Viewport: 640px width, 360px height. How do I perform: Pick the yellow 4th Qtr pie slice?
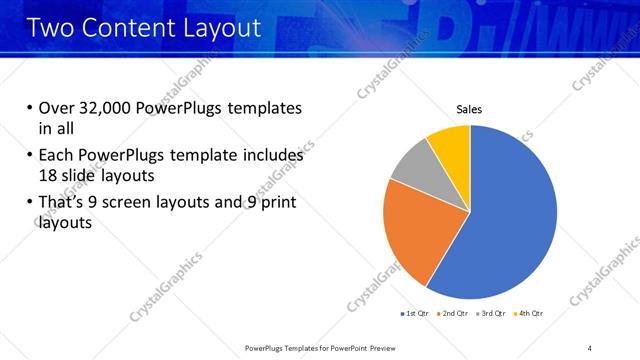(x=450, y=145)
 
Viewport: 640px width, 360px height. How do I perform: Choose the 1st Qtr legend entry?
(x=416, y=314)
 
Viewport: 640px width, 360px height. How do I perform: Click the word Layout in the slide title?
(x=225, y=28)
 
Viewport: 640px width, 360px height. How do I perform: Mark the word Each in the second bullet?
(x=56, y=156)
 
